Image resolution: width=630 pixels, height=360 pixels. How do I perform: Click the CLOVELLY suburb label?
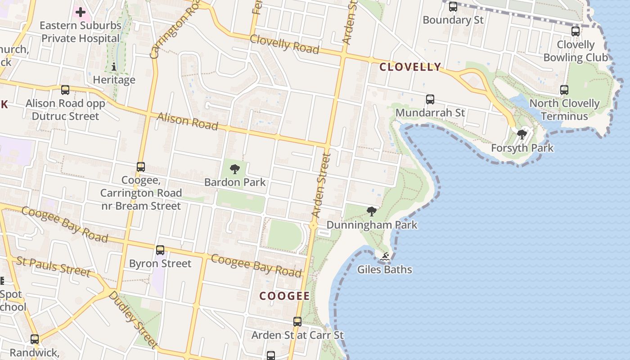pyautogui.click(x=410, y=67)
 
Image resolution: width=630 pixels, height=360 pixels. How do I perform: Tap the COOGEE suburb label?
pyautogui.click(x=285, y=296)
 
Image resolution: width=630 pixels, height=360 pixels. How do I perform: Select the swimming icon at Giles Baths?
pyautogui.click(x=385, y=257)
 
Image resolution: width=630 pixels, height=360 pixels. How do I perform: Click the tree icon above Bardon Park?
pyautogui.click(x=234, y=169)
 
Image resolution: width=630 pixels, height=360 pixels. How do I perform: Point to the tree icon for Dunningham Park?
pyautogui.click(x=372, y=211)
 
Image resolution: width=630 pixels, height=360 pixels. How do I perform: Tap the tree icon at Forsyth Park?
pyautogui.click(x=522, y=134)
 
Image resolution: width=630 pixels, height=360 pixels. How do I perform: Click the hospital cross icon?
pyautogui.click(x=81, y=12)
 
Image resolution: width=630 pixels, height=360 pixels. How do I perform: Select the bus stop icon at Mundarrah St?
pyautogui.click(x=430, y=99)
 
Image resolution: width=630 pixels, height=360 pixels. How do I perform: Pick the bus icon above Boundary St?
pyautogui.click(x=453, y=7)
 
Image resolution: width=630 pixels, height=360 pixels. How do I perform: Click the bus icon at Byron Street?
pyautogui.click(x=160, y=250)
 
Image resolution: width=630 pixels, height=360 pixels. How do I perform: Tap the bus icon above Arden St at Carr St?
pyautogui.click(x=297, y=322)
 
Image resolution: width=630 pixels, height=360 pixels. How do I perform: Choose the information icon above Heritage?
pyautogui.click(x=114, y=67)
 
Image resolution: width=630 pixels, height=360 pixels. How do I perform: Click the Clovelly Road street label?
pyautogui.click(x=284, y=44)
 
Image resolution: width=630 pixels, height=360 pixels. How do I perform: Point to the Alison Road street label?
pyautogui.click(x=187, y=121)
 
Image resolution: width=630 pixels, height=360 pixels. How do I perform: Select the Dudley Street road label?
pyautogui.click(x=133, y=319)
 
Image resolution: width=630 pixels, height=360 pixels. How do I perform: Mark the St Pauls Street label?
pyautogui.click(x=53, y=266)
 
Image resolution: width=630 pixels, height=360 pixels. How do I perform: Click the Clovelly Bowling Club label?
pyautogui.click(x=576, y=51)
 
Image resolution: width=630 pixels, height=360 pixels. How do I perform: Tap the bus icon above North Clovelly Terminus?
pyautogui.click(x=564, y=90)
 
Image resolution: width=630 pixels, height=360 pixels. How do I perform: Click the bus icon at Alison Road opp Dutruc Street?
pyautogui.click(x=65, y=90)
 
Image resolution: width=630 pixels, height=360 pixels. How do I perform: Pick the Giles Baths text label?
pyautogui.click(x=385, y=270)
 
